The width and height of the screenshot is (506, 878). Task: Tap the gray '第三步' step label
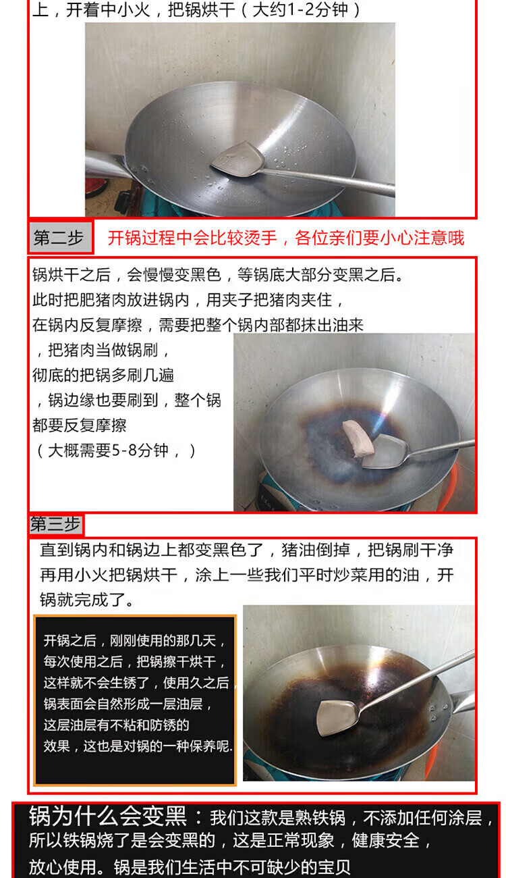click(56, 524)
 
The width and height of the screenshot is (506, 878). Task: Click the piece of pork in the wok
click(358, 438)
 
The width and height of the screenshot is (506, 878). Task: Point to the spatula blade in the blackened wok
click(337, 718)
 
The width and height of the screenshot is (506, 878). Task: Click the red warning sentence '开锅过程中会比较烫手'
click(192, 238)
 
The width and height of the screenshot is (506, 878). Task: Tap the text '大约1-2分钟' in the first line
click(300, 10)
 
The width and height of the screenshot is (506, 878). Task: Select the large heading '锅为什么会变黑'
click(108, 817)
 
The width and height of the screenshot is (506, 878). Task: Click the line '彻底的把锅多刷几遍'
click(103, 375)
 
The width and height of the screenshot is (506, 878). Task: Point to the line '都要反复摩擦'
click(80, 425)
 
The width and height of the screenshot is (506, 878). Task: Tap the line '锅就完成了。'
click(87, 600)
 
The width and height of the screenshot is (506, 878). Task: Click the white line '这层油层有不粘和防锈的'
click(116, 725)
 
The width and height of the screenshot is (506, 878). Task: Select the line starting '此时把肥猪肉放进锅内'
click(188, 300)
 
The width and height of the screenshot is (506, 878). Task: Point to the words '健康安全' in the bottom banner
click(385, 841)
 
